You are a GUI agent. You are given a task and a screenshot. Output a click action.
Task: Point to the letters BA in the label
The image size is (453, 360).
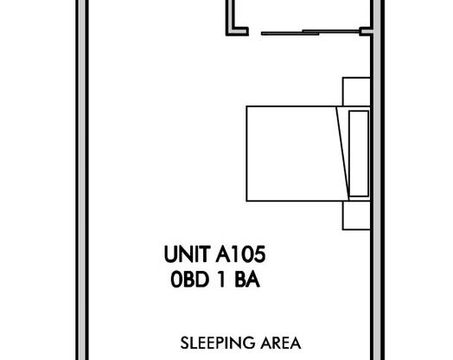click(x=249, y=280)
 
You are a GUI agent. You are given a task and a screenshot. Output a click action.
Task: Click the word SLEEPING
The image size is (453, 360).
click(x=210, y=341)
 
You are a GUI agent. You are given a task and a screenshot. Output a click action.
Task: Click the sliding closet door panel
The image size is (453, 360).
click(x=307, y=34)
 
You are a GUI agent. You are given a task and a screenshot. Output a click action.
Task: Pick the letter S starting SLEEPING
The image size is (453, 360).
click(x=183, y=341)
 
